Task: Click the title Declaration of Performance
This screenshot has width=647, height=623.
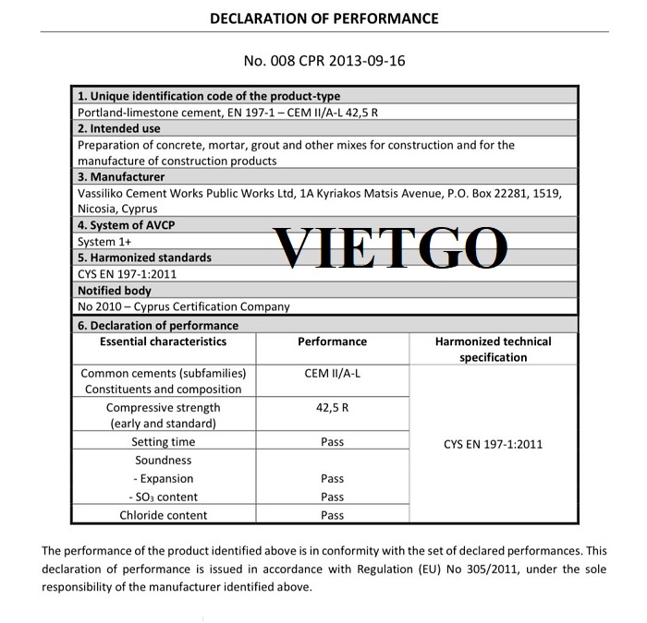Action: [x=323, y=18]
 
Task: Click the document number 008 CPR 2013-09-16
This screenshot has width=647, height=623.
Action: [x=323, y=62]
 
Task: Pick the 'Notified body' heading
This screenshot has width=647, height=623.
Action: [x=115, y=291]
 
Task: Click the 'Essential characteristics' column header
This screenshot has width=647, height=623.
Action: [x=163, y=341]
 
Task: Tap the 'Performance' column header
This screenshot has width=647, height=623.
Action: [x=332, y=341]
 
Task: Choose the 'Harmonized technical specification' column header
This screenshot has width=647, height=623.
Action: [x=493, y=349]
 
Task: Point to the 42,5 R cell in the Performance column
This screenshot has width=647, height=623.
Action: [x=332, y=407]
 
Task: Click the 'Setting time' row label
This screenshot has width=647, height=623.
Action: [x=163, y=442]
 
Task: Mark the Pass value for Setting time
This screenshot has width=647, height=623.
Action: [x=332, y=442]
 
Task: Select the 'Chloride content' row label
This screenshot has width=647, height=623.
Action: [x=163, y=515]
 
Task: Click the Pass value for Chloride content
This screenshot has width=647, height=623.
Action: [x=332, y=515]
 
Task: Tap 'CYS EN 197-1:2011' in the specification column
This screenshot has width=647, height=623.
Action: [x=493, y=444]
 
